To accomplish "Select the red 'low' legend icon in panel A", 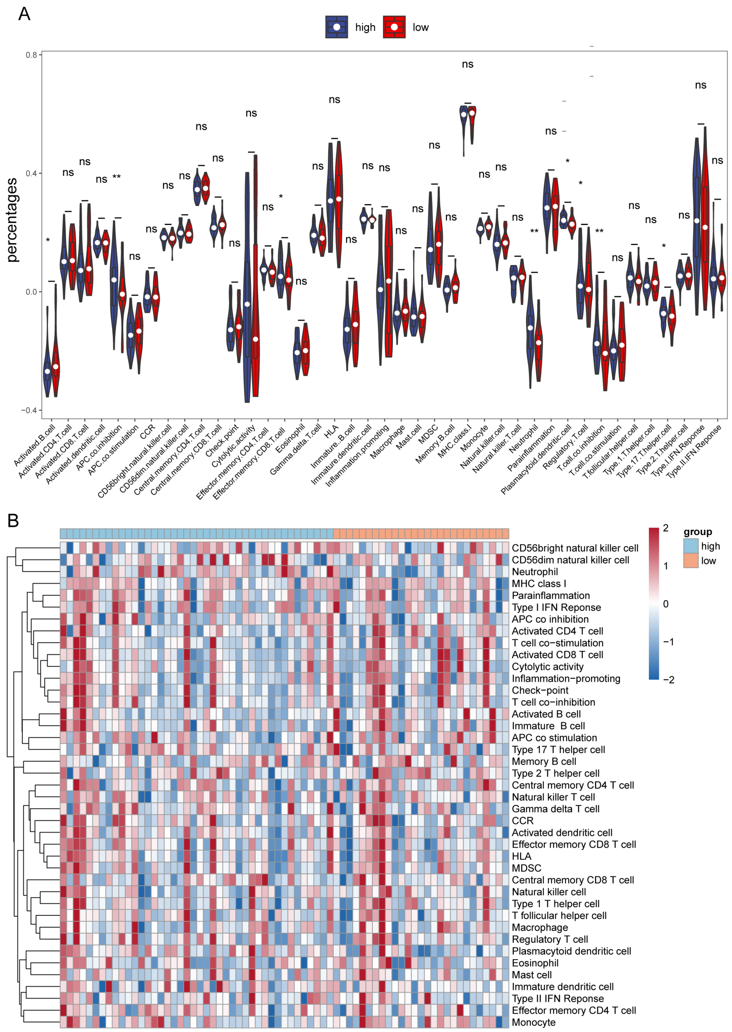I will pos(394,27).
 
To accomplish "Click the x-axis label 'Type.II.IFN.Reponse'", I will pos(694,451).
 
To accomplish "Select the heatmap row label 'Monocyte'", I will pos(533,1022).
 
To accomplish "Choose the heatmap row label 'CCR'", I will pos(523,820).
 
